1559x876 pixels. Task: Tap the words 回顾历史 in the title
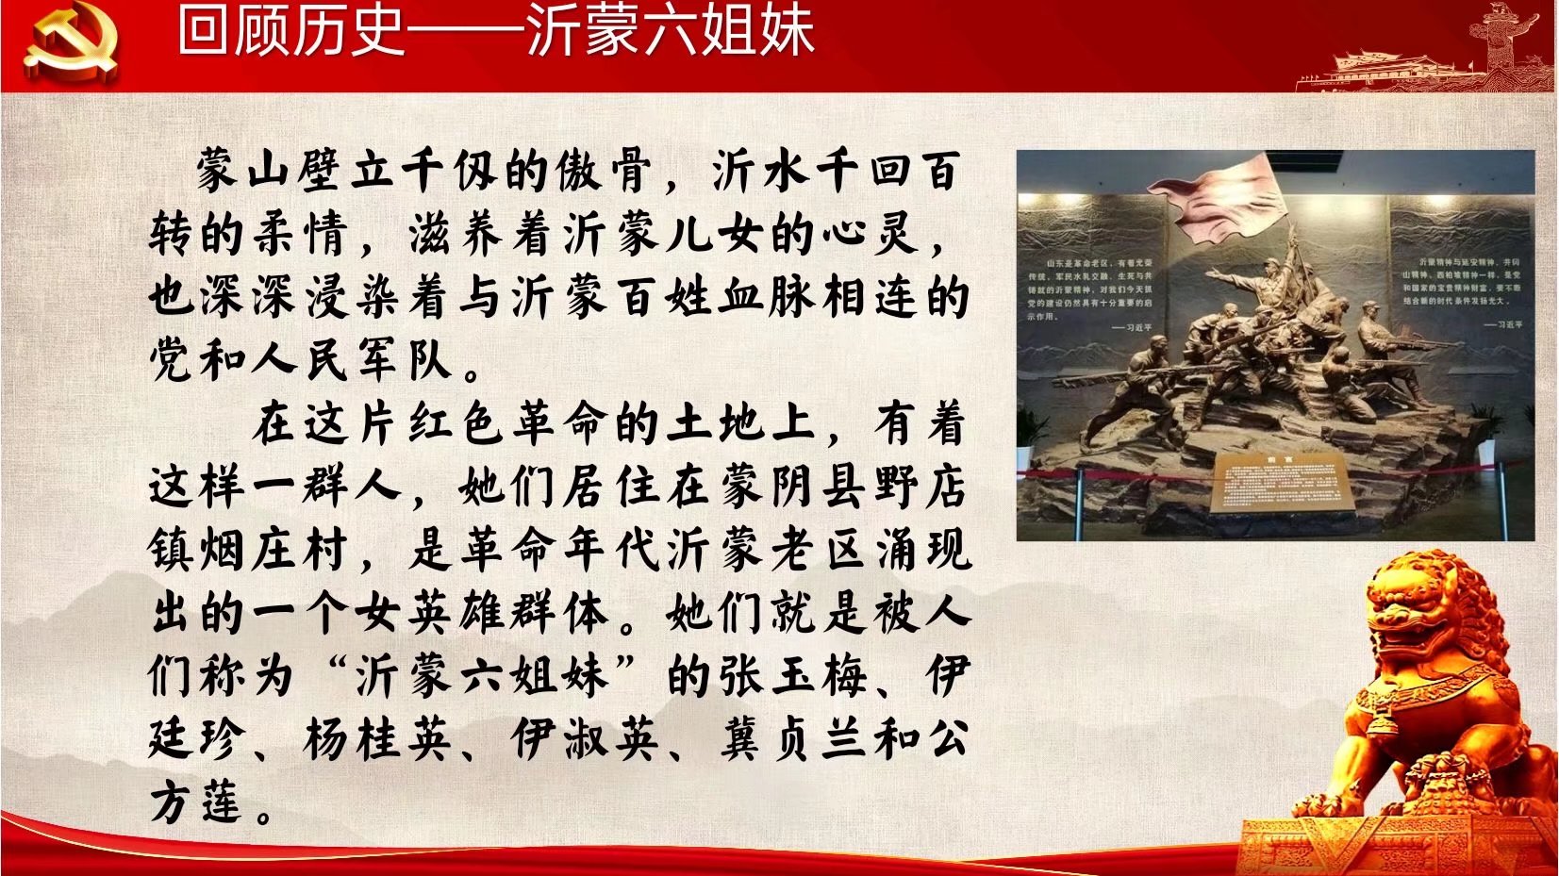click(291, 30)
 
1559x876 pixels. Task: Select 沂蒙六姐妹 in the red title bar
click(671, 30)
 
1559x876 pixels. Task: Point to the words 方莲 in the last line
click(197, 803)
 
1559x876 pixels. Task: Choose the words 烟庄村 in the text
click(249, 551)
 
